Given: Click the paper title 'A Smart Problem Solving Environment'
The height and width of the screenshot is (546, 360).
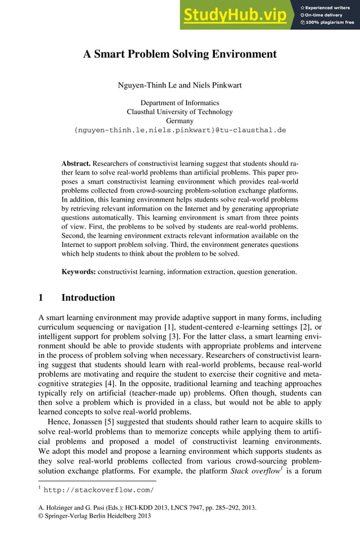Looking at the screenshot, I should click(x=180, y=55).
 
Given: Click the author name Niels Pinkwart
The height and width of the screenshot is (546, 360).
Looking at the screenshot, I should click(x=218, y=85).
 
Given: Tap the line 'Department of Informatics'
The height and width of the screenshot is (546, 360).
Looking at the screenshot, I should click(x=179, y=103).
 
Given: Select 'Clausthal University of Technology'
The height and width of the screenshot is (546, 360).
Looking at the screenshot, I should click(x=179, y=112).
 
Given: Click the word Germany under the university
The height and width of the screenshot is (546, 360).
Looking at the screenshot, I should click(x=179, y=121).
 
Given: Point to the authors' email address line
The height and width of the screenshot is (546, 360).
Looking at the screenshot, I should click(x=180, y=130).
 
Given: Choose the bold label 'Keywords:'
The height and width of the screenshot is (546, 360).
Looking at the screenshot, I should click(x=78, y=272).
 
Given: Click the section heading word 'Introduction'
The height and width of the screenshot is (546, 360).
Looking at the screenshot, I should click(x=88, y=298).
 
